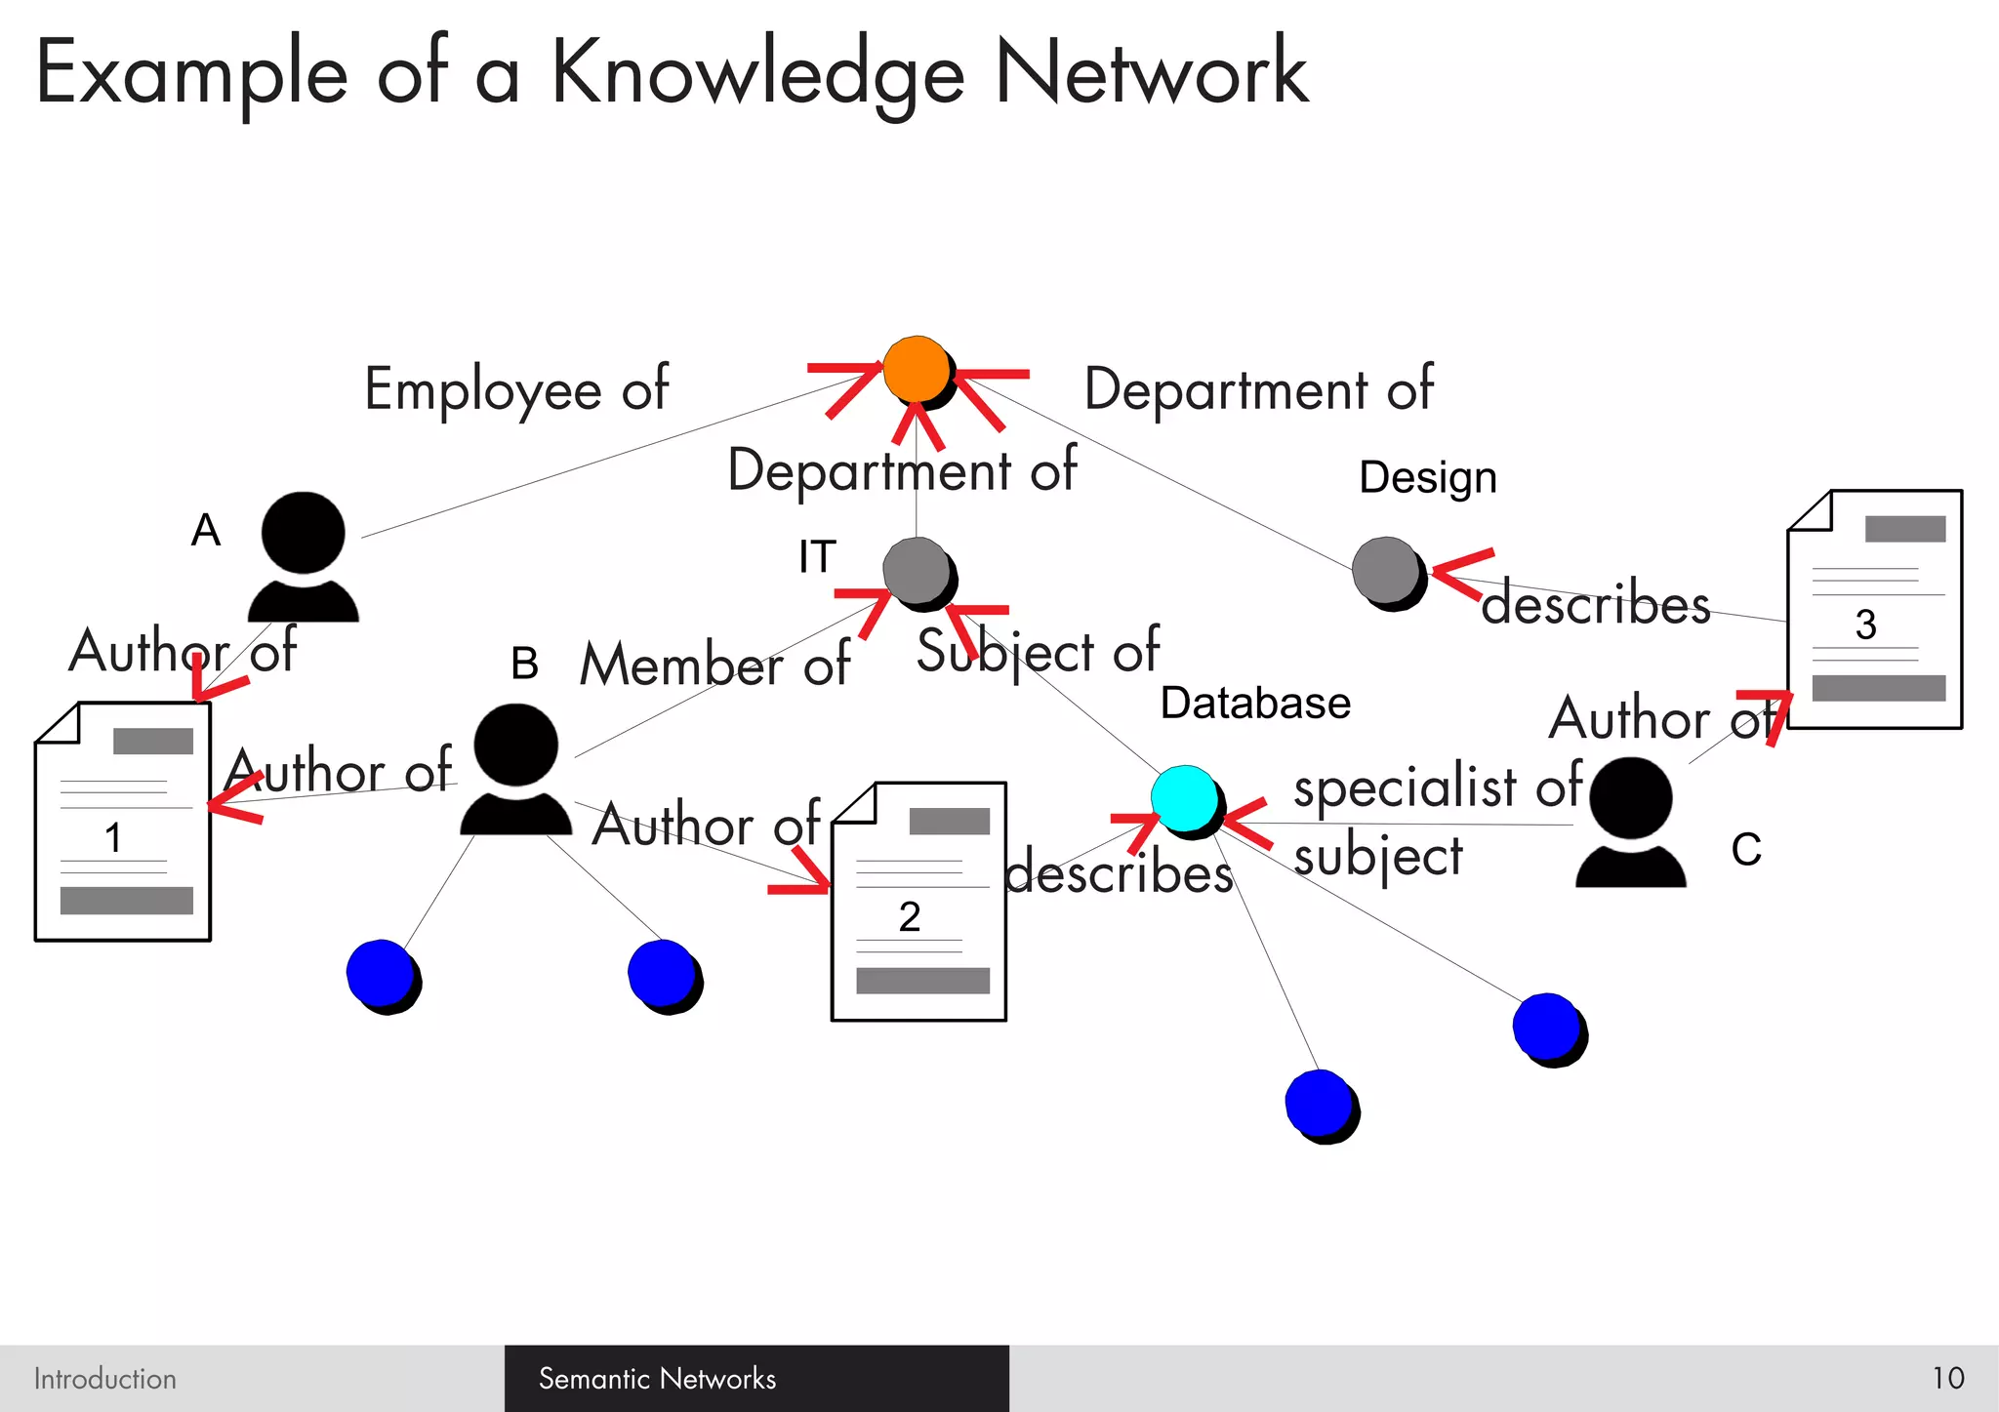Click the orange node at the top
pyautogui.click(x=918, y=370)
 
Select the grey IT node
pyautogui.click(x=918, y=572)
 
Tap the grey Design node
pyautogui.click(x=1387, y=572)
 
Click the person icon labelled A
pyautogui.click(x=304, y=556)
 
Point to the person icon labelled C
pyautogui.click(x=1630, y=822)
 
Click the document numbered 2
pyautogui.click(x=918, y=902)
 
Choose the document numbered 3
pyautogui.click(x=1874, y=609)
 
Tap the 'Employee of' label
pyautogui.click(x=516, y=389)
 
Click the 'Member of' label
pyautogui.click(x=714, y=665)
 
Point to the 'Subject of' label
pyautogui.click(x=1038, y=651)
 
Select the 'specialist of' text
pyautogui.click(x=1437, y=786)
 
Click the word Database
pyautogui.click(x=1255, y=704)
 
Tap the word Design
pyautogui.click(x=1427, y=477)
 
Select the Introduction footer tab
pyautogui.click(x=105, y=1378)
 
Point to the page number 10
pyautogui.click(x=1947, y=1378)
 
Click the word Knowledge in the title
pyautogui.click(x=757, y=74)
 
